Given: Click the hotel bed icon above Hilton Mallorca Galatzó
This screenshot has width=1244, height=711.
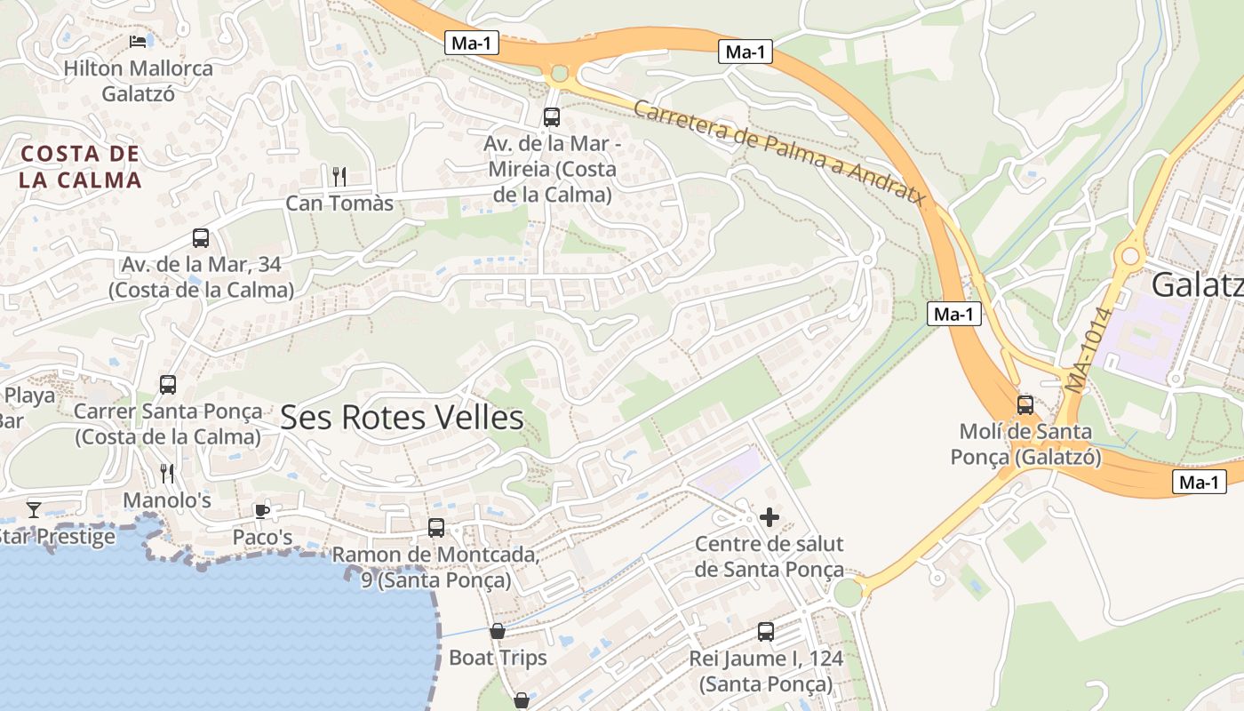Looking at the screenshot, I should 138,41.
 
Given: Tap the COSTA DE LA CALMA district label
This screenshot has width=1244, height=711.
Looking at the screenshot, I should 81,167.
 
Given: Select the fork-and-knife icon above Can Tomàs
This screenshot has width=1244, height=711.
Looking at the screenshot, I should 338,176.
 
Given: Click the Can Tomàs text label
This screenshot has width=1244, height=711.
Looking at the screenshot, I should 339,204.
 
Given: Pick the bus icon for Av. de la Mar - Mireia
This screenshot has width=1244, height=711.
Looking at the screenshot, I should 551,116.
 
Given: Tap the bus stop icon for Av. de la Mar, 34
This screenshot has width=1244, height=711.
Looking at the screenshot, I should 201,238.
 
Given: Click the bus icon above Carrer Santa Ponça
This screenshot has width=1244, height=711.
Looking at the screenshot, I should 168,385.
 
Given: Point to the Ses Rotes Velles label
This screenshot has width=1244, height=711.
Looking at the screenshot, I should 402,418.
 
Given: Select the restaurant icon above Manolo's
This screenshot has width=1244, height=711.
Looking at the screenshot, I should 166,472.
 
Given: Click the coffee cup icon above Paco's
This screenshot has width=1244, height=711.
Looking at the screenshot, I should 261,510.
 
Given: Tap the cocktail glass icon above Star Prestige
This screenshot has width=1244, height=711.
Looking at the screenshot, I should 33,509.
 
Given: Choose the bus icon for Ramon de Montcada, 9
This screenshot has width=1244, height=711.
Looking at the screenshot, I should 435,528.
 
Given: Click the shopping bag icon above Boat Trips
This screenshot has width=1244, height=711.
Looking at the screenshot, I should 498,631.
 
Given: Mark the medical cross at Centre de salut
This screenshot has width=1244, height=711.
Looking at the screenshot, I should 770,516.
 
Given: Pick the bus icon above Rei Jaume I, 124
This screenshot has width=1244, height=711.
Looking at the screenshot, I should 766,632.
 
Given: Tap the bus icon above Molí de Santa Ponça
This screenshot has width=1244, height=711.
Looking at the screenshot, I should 1025,405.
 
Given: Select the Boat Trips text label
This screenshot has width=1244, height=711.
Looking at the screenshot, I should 498,659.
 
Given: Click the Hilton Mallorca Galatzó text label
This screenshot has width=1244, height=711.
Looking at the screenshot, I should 139,81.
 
